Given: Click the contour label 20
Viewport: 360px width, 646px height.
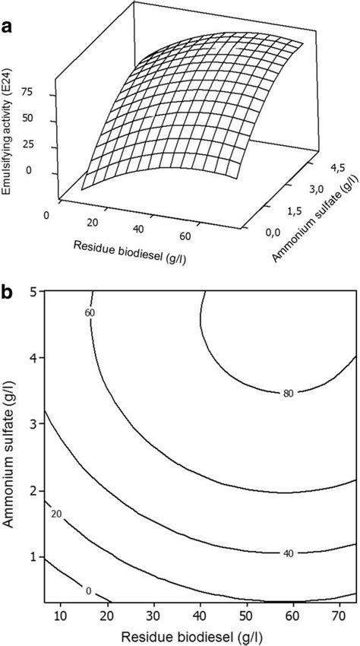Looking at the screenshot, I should (55, 515).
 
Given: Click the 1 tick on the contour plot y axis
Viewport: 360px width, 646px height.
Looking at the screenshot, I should (34, 558).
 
